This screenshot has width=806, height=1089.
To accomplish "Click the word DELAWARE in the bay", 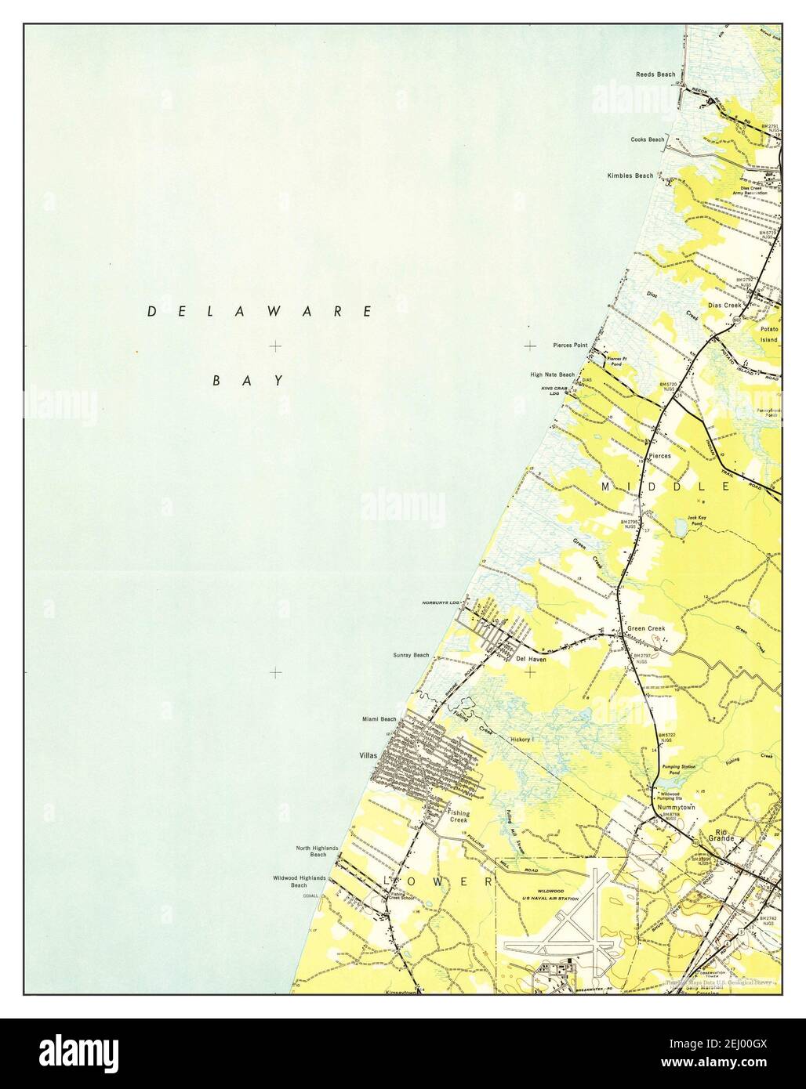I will (x=260, y=312).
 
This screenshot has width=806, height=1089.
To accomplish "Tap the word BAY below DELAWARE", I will (x=248, y=381).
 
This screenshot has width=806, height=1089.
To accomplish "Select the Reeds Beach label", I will (x=655, y=74).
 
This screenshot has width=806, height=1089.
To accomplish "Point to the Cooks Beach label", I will (x=648, y=139).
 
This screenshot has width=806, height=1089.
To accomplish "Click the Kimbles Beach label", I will (x=630, y=175).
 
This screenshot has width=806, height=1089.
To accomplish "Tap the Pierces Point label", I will (x=570, y=345).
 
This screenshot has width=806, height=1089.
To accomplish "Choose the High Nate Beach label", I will (x=552, y=374).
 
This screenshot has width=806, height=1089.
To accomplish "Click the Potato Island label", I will (x=768, y=335).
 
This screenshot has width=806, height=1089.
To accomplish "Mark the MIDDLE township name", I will (x=666, y=487).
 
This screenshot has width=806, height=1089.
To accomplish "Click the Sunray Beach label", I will (x=411, y=655).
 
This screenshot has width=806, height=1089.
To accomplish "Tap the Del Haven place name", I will (x=531, y=659).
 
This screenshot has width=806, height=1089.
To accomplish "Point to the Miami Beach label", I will (x=379, y=718).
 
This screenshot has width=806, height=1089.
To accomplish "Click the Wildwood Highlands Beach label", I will (x=298, y=881).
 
